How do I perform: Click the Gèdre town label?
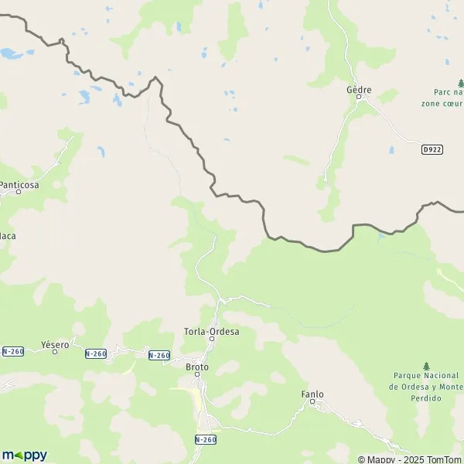359,90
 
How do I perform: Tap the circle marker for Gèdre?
358,97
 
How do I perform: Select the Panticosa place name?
19,185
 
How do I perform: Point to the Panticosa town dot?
19,193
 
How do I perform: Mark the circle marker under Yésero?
54,352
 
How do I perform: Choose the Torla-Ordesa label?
211,332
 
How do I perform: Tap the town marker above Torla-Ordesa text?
211,339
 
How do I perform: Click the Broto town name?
197,366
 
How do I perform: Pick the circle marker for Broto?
197,374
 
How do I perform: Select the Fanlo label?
312,394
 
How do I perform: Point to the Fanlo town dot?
312,401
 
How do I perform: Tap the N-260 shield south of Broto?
205,438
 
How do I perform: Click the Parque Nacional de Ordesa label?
425,387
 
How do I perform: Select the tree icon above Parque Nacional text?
426,365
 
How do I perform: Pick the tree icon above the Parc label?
461,82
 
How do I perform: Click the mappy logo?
25,455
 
